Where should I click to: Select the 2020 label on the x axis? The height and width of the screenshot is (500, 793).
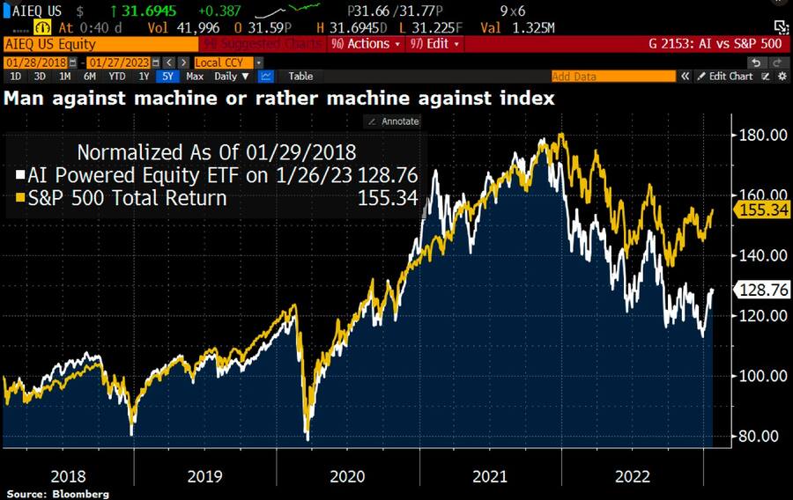[x=346, y=476]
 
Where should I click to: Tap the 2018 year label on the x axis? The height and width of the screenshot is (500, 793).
[x=68, y=476]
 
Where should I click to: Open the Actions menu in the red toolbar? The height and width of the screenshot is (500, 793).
[x=367, y=43]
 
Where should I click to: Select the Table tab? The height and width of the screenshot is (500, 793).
[x=300, y=77]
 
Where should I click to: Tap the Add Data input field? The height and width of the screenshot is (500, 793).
[x=608, y=77]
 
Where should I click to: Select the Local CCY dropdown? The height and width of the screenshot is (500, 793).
[x=226, y=62]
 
